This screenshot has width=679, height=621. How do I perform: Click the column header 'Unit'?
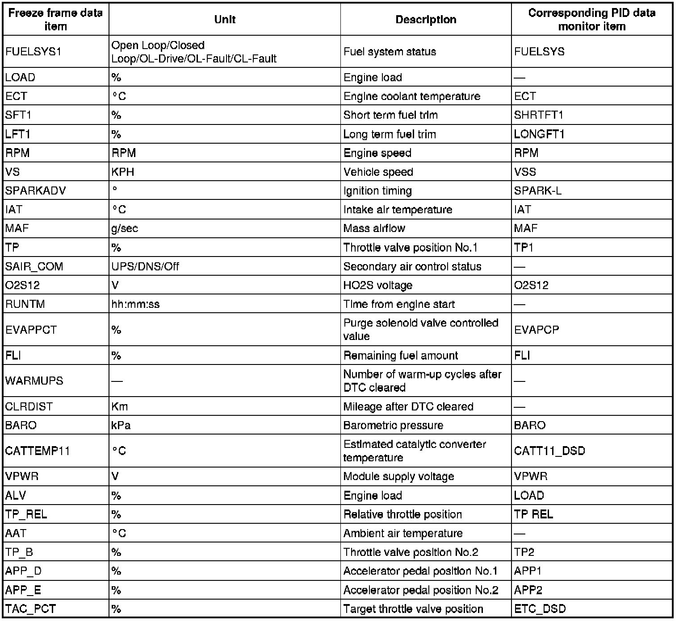(x=225, y=20)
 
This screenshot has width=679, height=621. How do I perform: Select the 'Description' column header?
(x=426, y=20)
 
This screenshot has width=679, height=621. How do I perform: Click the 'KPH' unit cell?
(x=123, y=172)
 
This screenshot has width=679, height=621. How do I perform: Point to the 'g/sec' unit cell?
(x=125, y=228)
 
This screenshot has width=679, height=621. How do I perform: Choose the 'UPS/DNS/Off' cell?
(x=145, y=266)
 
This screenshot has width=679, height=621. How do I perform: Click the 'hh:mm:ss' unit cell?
(x=135, y=304)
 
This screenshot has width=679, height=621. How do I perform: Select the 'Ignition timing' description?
(x=377, y=191)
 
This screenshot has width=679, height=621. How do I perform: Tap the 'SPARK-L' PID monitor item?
(x=538, y=191)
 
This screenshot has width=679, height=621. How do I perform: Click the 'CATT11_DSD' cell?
(x=549, y=451)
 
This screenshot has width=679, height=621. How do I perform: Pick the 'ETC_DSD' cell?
(x=540, y=609)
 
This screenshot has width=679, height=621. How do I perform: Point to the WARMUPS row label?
(x=34, y=381)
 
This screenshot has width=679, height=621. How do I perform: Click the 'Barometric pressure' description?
(x=393, y=425)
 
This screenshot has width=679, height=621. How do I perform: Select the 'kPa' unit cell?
(x=121, y=425)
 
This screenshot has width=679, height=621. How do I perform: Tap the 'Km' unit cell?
(x=120, y=406)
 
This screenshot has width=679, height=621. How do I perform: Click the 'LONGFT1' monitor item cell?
(x=539, y=134)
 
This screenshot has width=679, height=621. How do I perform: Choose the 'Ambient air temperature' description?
(x=403, y=533)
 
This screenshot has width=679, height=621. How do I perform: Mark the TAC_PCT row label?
(x=30, y=609)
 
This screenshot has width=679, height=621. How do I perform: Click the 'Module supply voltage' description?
(x=398, y=476)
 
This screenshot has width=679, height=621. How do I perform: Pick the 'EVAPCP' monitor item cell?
(x=536, y=330)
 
